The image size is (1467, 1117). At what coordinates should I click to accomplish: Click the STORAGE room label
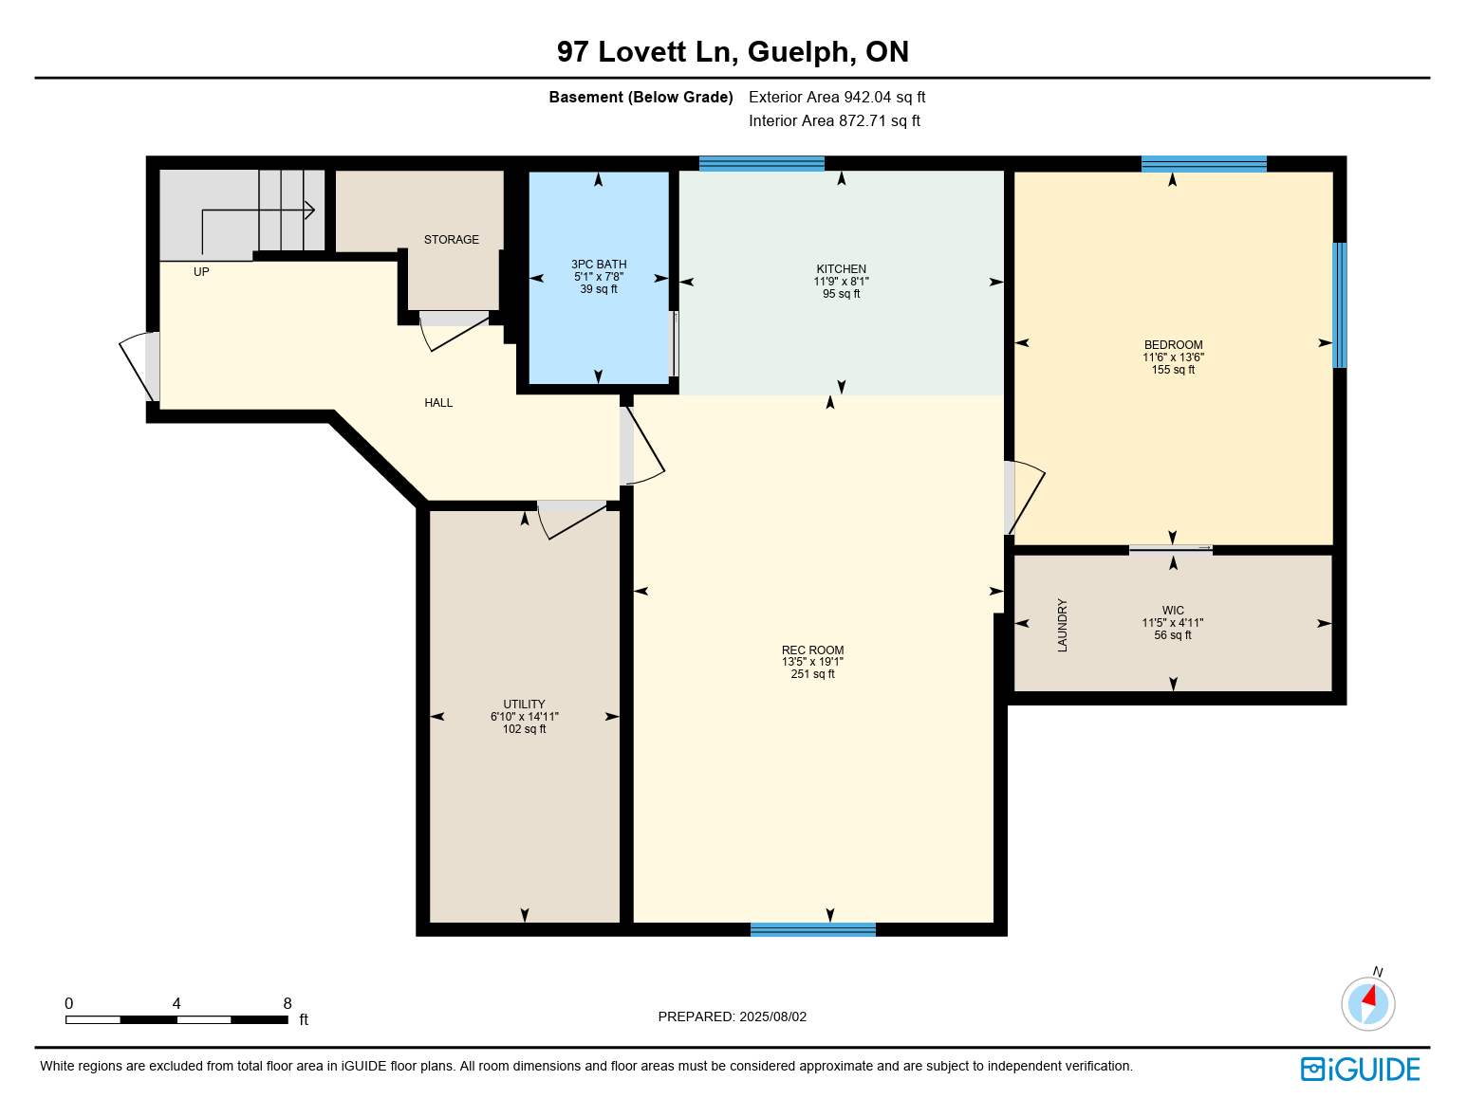[451, 240]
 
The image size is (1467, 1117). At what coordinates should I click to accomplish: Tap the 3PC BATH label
[599, 265]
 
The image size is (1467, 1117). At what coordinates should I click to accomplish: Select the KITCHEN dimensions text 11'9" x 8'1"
[841, 282]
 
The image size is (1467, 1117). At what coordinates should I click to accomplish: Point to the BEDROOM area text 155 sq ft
[1173, 370]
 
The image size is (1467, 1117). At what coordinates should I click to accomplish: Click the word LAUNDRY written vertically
[1062, 625]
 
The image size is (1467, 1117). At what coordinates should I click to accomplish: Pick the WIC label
[1173, 611]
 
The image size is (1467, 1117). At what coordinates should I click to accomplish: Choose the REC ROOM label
[812, 650]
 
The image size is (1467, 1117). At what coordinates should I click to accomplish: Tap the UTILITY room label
[524, 705]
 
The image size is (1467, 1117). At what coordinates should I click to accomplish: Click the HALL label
[438, 403]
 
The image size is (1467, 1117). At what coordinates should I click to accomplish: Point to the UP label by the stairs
[201, 272]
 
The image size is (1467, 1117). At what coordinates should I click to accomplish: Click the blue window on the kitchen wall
[761, 164]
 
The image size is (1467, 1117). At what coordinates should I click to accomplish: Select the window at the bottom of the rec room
[812, 929]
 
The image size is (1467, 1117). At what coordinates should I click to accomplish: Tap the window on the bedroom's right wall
[1339, 305]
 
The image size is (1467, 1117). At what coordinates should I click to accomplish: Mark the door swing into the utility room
[572, 520]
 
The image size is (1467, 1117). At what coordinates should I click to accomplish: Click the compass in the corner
[1368, 1003]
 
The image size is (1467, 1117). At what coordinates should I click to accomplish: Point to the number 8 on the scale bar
[288, 1003]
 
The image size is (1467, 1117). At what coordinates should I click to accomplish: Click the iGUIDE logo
[1360, 1069]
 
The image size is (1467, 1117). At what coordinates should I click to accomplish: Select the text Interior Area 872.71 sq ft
[834, 120]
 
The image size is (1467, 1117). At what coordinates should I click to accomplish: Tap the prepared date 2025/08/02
[772, 1016]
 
